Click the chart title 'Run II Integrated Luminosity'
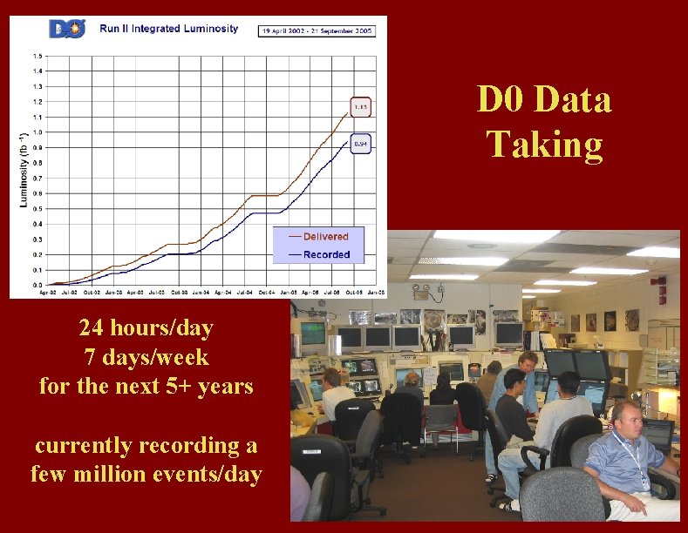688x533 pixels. (168, 29)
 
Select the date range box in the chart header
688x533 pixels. (317, 30)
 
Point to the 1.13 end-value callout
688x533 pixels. (360, 107)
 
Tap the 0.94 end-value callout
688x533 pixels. (360, 144)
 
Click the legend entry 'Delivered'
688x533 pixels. (319, 237)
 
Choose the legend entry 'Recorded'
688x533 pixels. (319, 254)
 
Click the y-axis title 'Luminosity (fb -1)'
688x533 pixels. (23, 170)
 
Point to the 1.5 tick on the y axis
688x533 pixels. (37, 56)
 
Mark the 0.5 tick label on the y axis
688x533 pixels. (37, 208)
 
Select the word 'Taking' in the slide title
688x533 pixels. (544, 145)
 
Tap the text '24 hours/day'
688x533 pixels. (146, 328)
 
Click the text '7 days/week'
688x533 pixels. (146, 356)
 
